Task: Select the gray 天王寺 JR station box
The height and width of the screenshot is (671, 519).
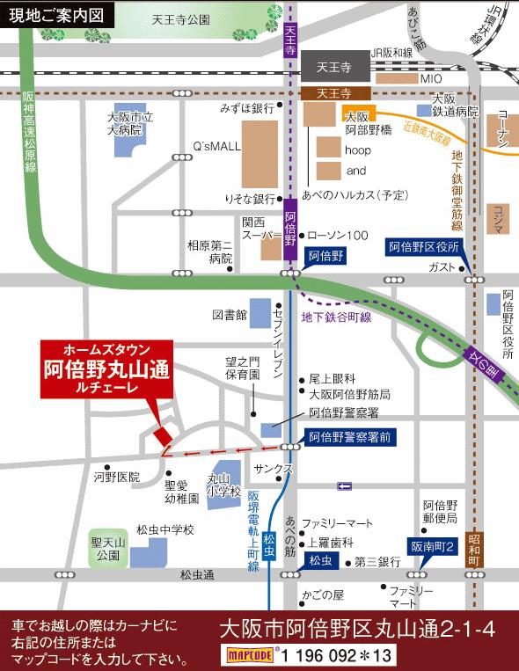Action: pos(334,65)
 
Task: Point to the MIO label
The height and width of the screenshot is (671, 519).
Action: pos(430,78)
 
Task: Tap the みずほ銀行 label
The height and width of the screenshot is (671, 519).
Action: pos(248,108)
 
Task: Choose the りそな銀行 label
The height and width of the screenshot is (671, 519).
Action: pos(251,199)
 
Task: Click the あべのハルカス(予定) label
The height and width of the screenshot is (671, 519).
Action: pos(355,194)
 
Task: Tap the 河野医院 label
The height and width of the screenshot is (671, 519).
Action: pos(117,477)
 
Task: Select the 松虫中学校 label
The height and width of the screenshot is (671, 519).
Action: pos(164,530)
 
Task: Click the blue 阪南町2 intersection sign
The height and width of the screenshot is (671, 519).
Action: pos(432,546)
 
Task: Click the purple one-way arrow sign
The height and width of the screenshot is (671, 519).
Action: pos(344,485)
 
